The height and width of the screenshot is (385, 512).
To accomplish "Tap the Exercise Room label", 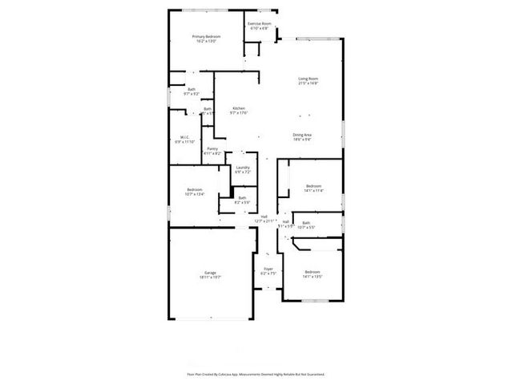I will point(259,24).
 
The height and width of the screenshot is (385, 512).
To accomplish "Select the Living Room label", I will point(308,78).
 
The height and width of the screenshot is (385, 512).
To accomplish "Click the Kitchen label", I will point(239,108).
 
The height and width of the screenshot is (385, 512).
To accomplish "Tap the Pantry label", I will point(212,148).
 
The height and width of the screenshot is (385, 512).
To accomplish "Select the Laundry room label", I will point(242,168).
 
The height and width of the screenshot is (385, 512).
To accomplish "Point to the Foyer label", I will point(268,269).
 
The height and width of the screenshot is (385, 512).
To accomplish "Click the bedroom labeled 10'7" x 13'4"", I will point(194,189).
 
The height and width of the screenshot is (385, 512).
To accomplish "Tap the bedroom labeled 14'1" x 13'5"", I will point(312,272).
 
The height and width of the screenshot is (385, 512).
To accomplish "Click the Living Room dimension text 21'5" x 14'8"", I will point(308,83).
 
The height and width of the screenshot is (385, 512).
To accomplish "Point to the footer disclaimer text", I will point(256,374).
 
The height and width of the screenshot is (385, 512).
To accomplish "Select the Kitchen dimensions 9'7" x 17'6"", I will point(239,113).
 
